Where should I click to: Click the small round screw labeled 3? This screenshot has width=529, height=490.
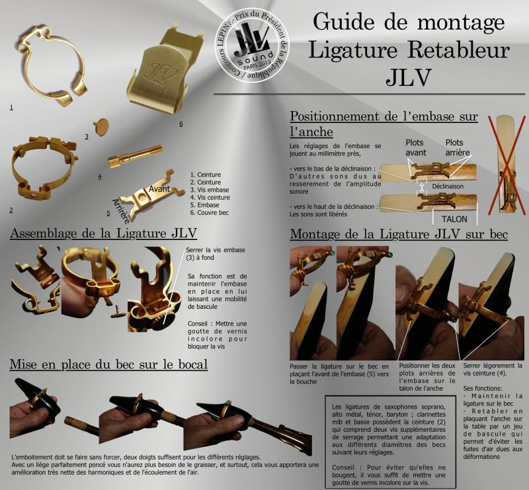(102, 126)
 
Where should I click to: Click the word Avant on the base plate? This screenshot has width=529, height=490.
(160, 189)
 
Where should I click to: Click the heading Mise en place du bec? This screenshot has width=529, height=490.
(108, 364)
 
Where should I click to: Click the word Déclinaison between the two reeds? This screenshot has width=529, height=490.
(449, 186)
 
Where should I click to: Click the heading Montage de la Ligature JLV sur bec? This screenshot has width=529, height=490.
(399, 234)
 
